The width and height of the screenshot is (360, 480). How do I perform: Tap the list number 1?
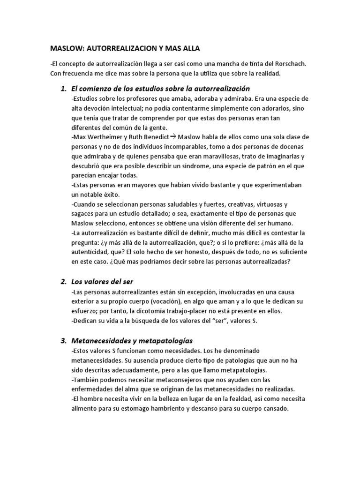[x=63, y=89]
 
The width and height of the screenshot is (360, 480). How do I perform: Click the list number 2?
[x=63, y=282]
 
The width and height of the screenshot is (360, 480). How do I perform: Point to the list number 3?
[x=63, y=340]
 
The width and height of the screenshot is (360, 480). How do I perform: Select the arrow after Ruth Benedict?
[x=172, y=136]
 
